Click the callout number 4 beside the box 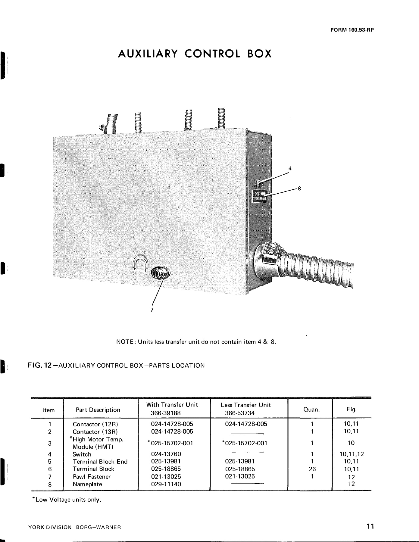tap(290, 169)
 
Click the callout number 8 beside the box tap(299, 189)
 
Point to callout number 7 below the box tap(152, 310)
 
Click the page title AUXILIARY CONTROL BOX tap(195, 54)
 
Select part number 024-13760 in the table tap(166, 454)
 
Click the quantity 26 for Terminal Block tap(312, 469)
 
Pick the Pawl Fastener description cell tap(92, 477)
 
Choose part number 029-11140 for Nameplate tap(166, 484)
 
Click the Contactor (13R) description tap(95, 432)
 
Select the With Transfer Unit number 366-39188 tap(166, 413)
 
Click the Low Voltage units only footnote tap(67, 500)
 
